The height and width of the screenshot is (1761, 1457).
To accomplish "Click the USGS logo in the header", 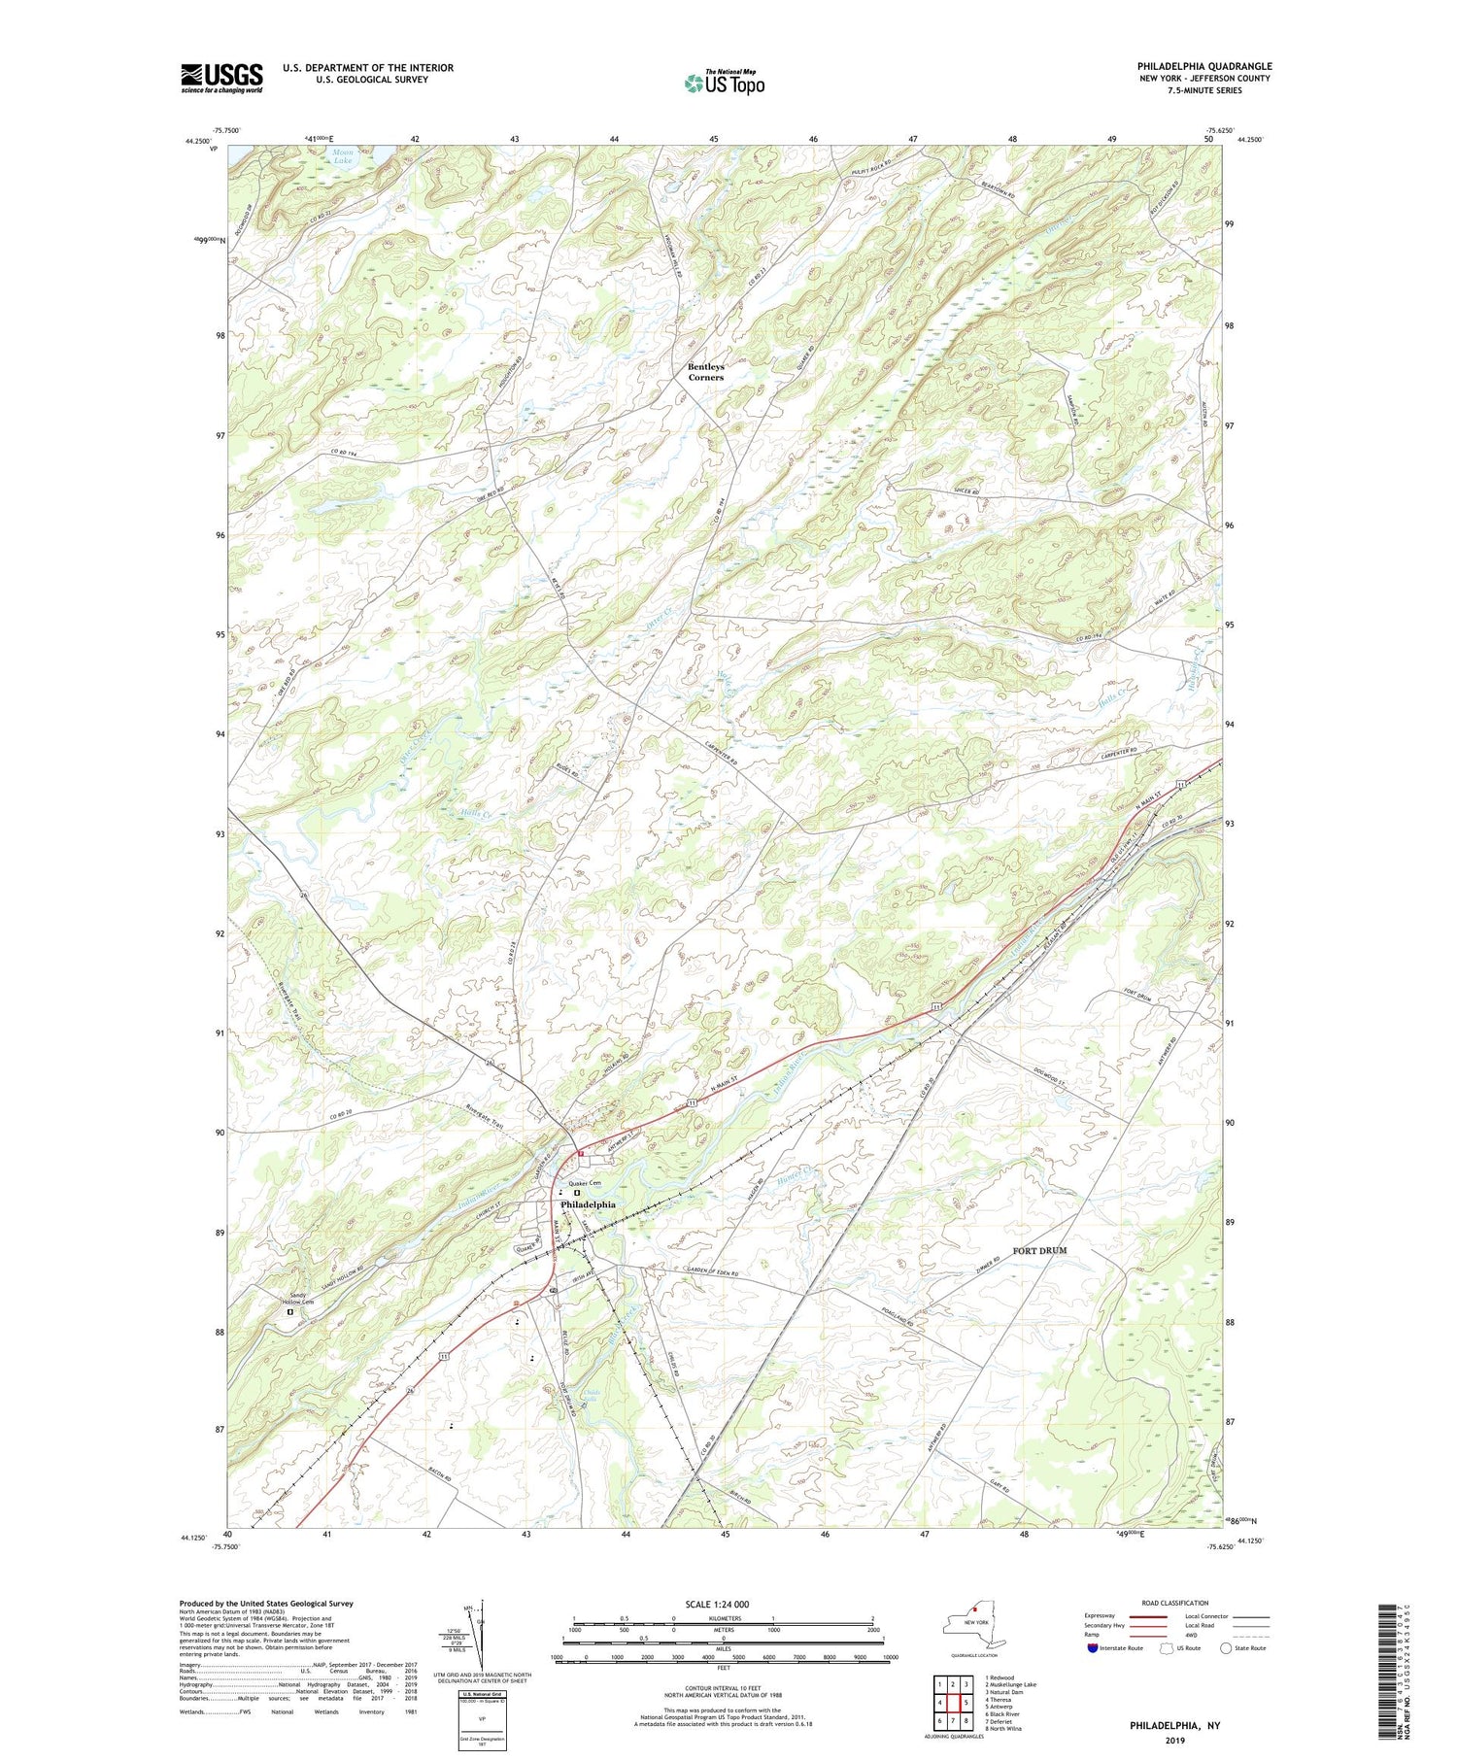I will point(221,77).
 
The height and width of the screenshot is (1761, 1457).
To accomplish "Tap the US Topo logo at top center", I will point(723,83).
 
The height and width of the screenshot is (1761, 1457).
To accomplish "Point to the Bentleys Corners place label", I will point(706,371).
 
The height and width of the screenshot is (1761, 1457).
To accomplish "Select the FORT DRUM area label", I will point(1039,1250).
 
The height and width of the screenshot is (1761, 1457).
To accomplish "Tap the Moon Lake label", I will point(343,156).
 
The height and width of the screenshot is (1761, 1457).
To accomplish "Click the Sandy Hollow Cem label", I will point(298,1299).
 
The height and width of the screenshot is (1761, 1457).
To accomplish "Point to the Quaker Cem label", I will point(585,1182).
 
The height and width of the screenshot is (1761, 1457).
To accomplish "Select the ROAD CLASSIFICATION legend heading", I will point(1175,1603).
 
